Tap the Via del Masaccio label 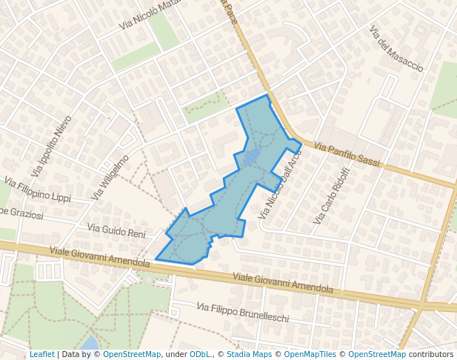click(396, 49)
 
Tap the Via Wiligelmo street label click(111, 176)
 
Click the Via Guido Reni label click(116, 231)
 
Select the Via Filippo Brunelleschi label click(242, 312)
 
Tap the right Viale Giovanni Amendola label click(283, 282)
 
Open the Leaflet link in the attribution click(41, 354)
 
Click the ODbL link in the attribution click(199, 354)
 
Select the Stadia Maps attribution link click(248, 354)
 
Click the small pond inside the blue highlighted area click(253, 155)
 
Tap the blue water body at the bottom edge click(90, 344)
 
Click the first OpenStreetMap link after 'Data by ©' click(132, 354)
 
